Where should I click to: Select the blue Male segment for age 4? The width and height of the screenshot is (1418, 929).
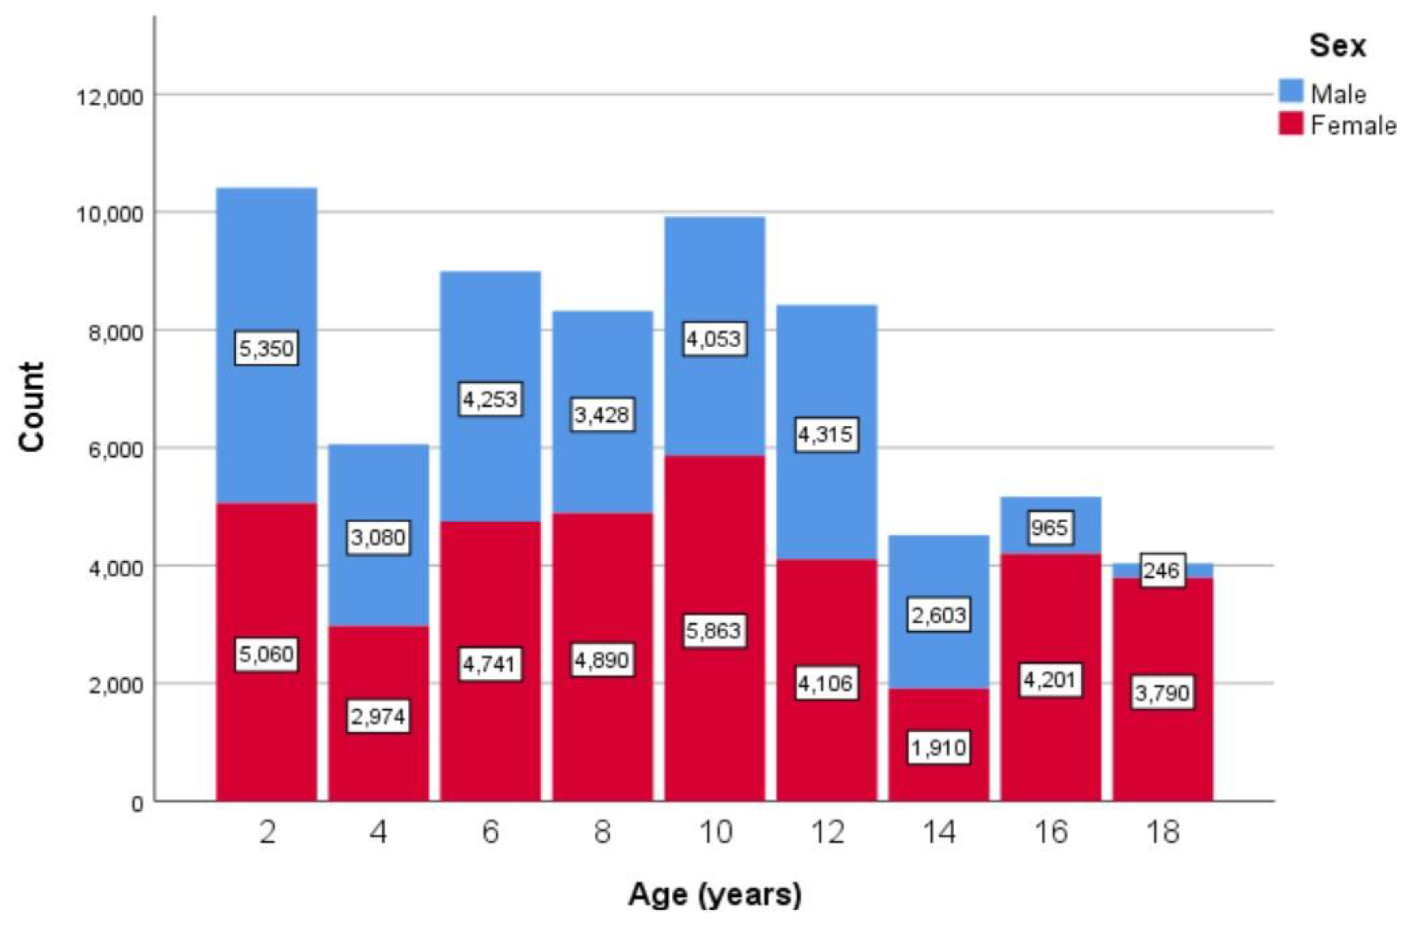coord(378,488)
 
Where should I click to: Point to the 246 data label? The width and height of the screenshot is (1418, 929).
coord(1161,571)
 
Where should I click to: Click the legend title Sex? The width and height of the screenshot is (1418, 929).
coord(1337,45)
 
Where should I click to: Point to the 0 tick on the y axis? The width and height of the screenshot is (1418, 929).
coord(137,804)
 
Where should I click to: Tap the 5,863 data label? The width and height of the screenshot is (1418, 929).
coord(714,631)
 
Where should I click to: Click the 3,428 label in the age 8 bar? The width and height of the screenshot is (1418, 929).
coord(602,415)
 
